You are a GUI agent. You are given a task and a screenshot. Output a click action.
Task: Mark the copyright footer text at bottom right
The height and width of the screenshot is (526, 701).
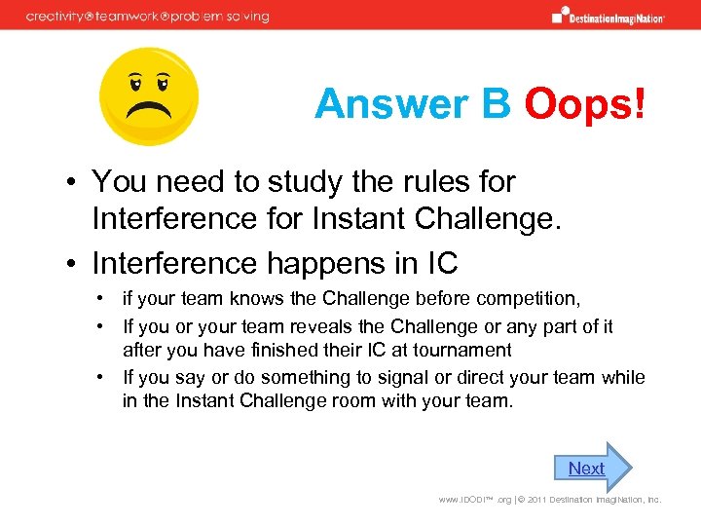click(550, 500)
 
